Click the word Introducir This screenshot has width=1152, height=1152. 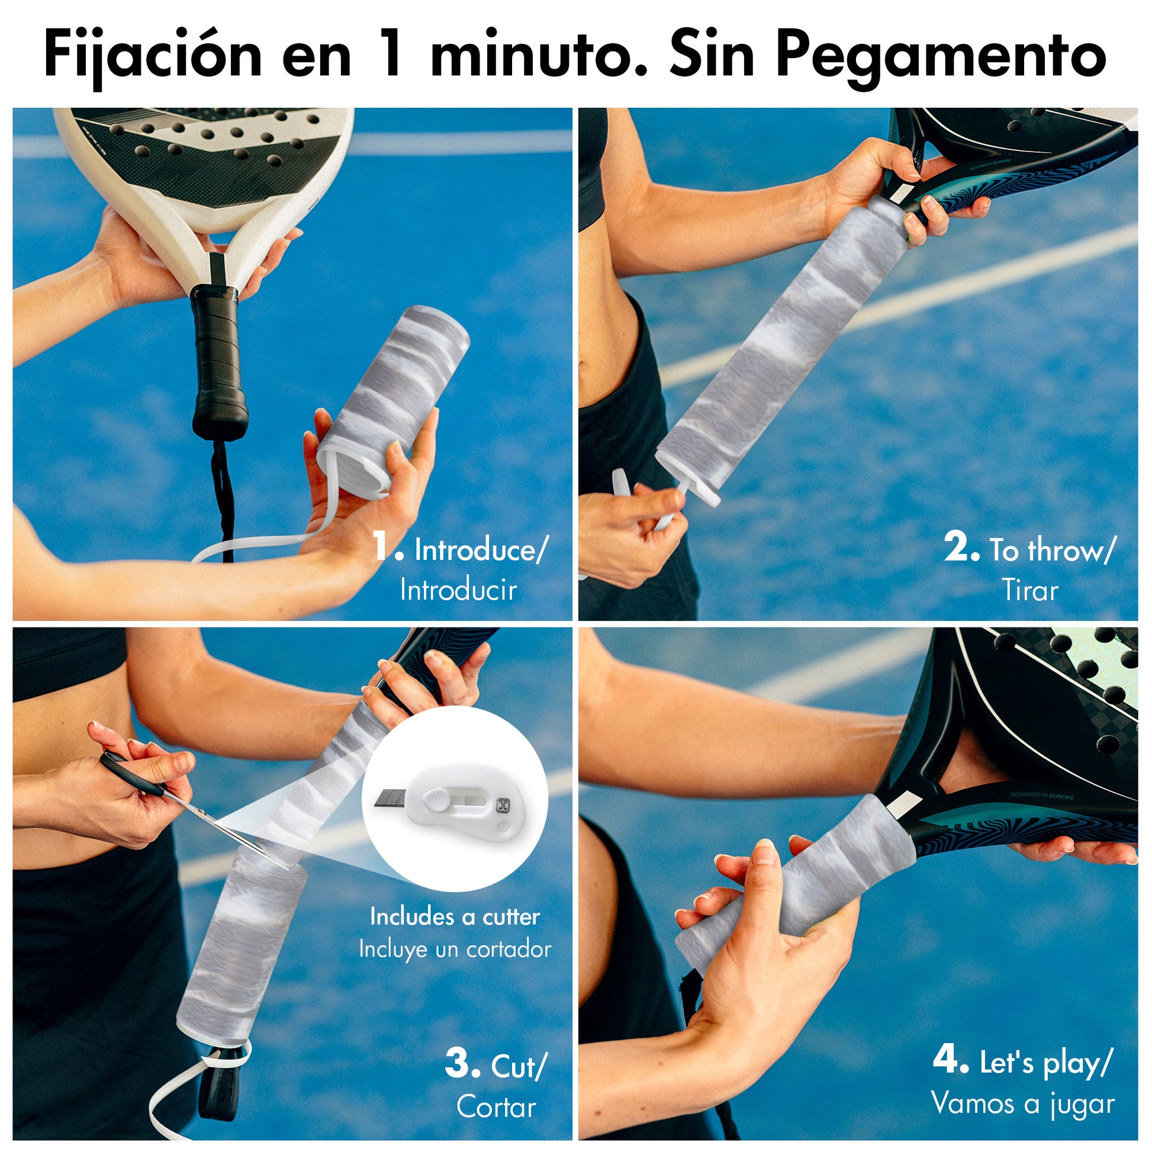click(459, 590)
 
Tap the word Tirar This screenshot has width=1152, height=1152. click(1030, 590)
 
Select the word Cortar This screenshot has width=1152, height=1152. click(497, 1107)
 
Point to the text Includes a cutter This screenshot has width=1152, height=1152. click(455, 916)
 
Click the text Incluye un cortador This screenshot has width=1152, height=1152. click(455, 950)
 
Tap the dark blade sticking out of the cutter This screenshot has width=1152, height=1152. click(391, 799)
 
